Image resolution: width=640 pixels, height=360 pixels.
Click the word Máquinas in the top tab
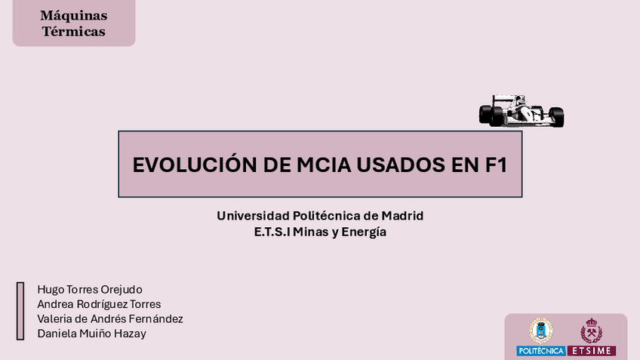(74, 16)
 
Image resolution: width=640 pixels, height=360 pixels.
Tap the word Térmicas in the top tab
(74, 32)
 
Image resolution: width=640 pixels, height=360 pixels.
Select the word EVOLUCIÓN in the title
(195, 165)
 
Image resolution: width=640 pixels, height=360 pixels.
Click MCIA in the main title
(324, 165)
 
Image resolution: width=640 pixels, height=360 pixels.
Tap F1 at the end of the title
(497, 165)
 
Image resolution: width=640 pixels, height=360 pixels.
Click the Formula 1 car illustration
(522, 111)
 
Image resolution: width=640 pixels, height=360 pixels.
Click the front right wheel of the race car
(557, 117)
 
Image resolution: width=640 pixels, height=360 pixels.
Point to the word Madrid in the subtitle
(402, 216)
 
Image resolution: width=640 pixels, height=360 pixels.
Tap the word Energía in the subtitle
(364, 232)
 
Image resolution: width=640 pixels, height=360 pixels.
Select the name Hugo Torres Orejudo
(90, 289)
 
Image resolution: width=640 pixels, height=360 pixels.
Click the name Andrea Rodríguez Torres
(99, 304)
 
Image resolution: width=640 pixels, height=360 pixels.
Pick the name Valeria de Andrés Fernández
(110, 318)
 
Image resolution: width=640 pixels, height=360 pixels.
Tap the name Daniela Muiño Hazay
(91, 334)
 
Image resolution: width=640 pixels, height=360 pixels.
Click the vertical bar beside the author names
(20, 311)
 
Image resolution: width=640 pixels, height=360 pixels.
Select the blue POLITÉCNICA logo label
(541, 351)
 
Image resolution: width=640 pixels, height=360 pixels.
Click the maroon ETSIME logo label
(592, 351)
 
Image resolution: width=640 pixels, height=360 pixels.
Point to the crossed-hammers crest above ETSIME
(592, 331)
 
